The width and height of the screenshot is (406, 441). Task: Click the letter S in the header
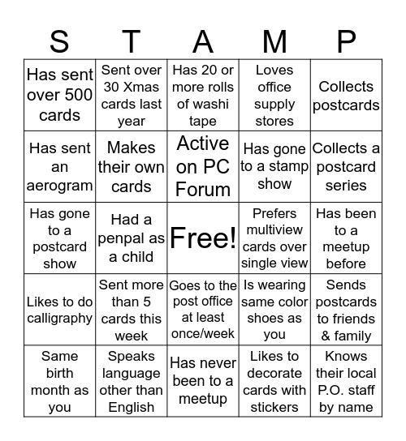59,40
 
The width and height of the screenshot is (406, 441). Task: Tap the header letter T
132,40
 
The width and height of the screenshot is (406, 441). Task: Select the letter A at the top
203,40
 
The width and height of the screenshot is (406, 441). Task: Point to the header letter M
274,40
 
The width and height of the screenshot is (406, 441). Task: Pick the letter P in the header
346,40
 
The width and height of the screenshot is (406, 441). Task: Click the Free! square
203,238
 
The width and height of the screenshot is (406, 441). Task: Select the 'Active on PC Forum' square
203,166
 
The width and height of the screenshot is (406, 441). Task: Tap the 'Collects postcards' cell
346,96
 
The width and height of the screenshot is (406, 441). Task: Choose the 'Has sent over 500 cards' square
59,96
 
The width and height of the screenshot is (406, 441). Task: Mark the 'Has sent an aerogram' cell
59,166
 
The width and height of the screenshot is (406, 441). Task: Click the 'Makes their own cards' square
132,166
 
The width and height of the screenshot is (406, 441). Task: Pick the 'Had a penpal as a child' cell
132,238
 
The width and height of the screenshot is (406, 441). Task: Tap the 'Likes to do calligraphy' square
59,310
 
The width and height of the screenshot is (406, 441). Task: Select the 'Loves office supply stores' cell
274,96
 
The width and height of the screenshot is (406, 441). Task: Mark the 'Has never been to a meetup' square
203,381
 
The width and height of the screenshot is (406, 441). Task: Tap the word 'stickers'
274,407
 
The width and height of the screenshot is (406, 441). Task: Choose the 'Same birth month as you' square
59,381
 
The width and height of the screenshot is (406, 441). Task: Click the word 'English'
132,407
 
